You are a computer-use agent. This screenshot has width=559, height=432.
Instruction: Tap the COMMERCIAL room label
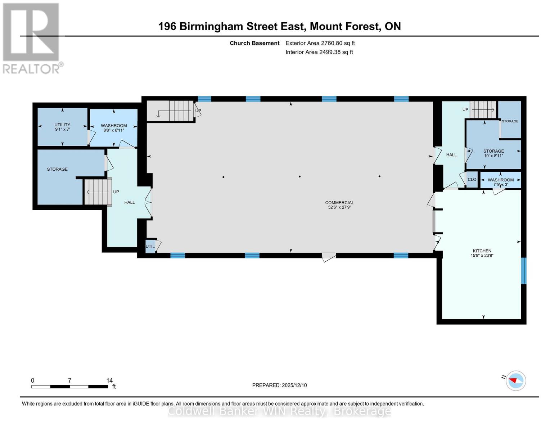point(339,205)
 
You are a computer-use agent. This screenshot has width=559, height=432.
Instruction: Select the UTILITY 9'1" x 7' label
point(62,127)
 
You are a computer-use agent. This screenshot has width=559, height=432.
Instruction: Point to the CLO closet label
point(472,180)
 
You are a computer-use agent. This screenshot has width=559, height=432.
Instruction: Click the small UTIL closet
point(150,247)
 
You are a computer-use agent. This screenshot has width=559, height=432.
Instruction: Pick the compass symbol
point(515,381)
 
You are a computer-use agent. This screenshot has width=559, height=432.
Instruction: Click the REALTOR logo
point(31,38)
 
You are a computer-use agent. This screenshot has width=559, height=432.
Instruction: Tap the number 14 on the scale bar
point(109,381)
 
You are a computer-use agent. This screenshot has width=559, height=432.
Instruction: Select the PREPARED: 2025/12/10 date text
point(279,385)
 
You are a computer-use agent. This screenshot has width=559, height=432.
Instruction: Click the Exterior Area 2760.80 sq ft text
point(320,43)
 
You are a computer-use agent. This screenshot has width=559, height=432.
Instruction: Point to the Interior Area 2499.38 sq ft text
point(319,52)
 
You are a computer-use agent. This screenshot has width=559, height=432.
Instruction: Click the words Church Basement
point(254,43)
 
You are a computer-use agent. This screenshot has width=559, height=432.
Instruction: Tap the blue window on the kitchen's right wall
point(524,270)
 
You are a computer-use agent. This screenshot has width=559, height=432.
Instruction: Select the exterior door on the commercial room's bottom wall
point(328,257)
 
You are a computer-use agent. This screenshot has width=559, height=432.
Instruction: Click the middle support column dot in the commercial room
point(299,176)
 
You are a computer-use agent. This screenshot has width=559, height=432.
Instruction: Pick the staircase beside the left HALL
point(98,192)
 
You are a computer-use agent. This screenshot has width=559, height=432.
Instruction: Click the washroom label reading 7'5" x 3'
point(500,182)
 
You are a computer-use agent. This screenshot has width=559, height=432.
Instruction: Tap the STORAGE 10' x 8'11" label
point(493,153)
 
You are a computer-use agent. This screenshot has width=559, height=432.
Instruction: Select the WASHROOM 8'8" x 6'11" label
point(114,128)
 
